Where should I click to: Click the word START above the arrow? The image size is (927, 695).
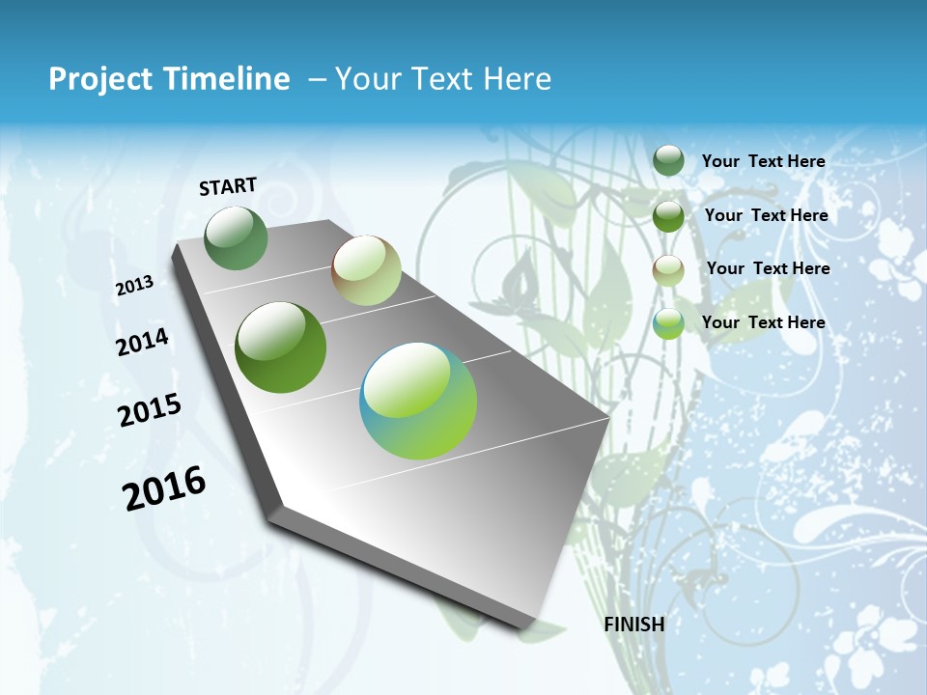pos(228,186)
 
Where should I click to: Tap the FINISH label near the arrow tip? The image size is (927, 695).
pos(633,625)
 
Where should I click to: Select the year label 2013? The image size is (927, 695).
pos(134,286)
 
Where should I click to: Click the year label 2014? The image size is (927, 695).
pos(142,343)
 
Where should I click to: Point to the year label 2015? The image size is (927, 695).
pos(150,410)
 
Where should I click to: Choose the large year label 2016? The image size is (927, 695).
pos(164,488)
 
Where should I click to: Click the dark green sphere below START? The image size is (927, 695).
pos(237,238)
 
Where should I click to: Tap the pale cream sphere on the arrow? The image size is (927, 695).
pos(366,270)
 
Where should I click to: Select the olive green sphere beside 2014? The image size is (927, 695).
pos(281,347)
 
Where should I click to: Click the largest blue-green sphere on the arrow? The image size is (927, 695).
pos(418,401)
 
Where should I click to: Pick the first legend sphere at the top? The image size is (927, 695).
pos(668,161)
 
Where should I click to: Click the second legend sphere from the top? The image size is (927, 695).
pos(668,216)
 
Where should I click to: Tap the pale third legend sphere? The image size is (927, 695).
pos(668,270)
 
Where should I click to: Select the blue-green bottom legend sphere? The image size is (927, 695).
pos(668,324)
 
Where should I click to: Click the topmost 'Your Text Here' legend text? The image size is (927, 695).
pos(763,161)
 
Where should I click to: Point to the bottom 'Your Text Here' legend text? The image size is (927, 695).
pos(763,322)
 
